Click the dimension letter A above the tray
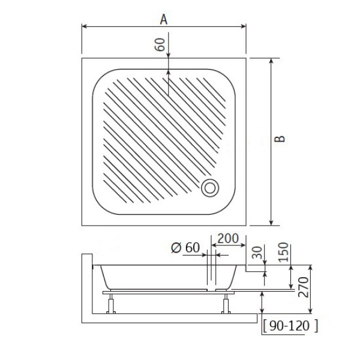tap(163, 19)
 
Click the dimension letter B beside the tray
tap(280, 139)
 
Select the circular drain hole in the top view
tap(211, 187)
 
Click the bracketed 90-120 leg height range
tap(290, 326)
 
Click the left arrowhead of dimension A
tap(85, 26)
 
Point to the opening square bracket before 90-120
tap(265, 326)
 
